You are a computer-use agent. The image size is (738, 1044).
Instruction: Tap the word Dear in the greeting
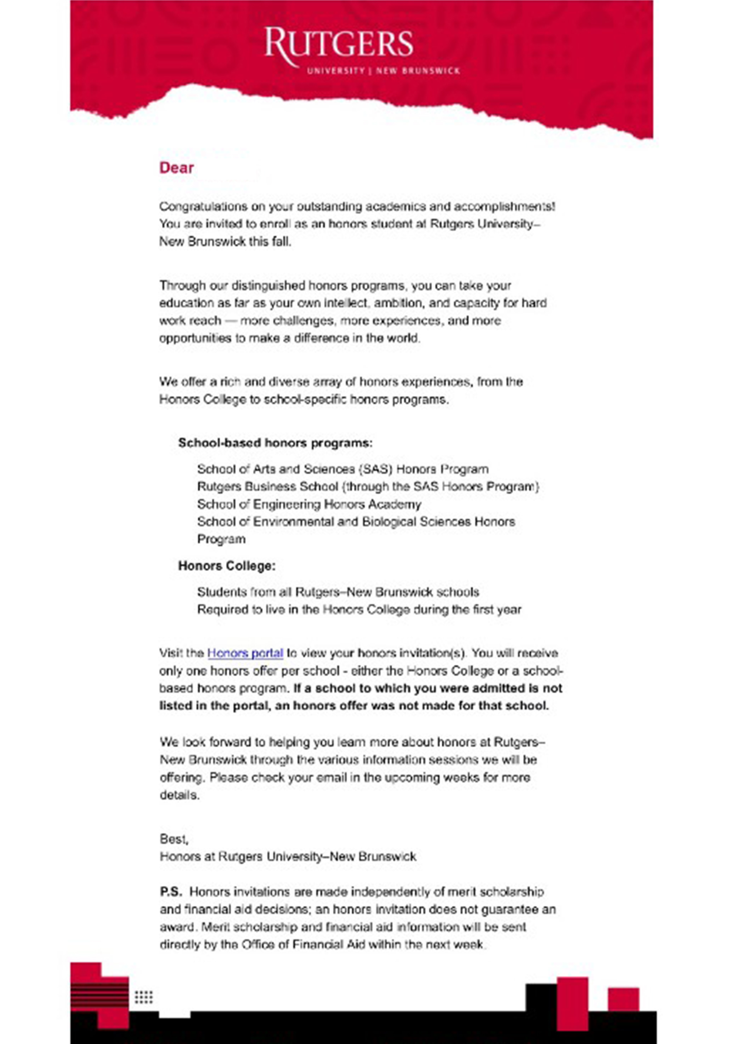(x=176, y=168)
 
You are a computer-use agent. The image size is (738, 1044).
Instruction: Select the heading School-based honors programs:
(x=275, y=443)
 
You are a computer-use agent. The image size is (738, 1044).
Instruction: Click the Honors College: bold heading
(x=226, y=566)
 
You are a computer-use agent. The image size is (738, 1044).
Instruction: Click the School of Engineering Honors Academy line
(x=309, y=504)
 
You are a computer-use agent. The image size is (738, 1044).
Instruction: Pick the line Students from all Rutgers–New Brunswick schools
(x=338, y=592)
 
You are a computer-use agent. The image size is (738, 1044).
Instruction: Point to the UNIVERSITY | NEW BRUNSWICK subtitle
(x=383, y=71)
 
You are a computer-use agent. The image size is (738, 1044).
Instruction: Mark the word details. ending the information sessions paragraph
(x=179, y=795)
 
